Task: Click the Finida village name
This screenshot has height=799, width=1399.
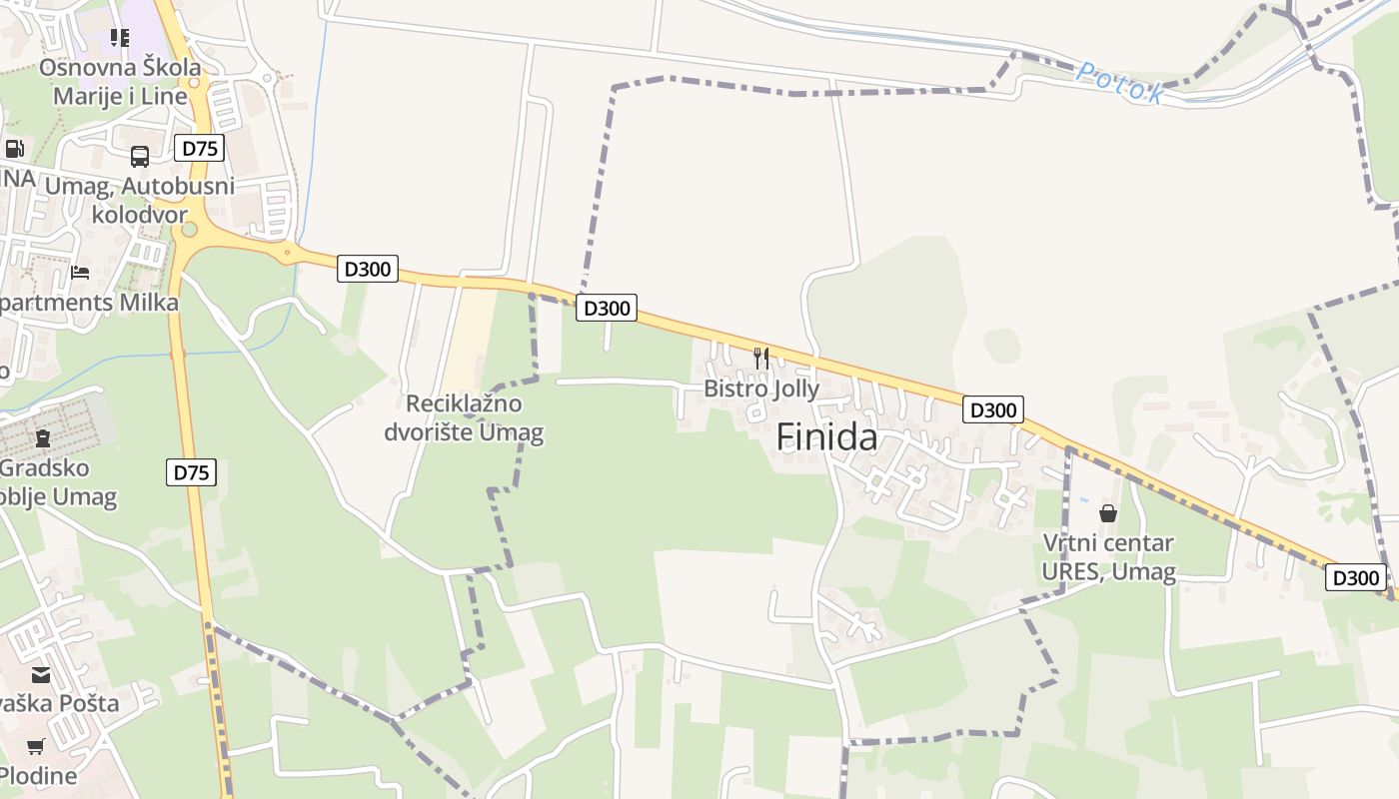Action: click(826, 437)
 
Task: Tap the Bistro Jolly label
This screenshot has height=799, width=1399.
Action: click(761, 389)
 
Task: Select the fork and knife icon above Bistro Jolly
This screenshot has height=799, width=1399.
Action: click(761, 358)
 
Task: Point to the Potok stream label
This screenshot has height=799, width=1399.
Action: click(1120, 83)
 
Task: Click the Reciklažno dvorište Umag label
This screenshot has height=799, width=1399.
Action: click(464, 418)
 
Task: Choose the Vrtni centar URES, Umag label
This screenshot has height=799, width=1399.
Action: click(1108, 557)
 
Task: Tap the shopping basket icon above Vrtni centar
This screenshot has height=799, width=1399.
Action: click(1108, 514)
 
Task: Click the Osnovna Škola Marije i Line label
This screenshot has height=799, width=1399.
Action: click(120, 82)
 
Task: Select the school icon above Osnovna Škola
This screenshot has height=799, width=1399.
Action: click(120, 38)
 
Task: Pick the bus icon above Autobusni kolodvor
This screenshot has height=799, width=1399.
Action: click(140, 157)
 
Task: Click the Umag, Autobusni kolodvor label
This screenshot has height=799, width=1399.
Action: click(140, 200)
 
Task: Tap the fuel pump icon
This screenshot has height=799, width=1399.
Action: click(14, 149)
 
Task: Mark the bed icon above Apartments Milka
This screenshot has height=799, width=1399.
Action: click(80, 273)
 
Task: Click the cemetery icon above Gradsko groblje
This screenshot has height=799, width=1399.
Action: click(43, 437)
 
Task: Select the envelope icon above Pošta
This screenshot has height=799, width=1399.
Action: click(41, 675)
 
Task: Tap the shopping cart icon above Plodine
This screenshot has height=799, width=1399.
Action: click(36, 746)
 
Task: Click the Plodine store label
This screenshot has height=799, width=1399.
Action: click(38, 776)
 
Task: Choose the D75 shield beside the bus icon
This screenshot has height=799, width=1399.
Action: click(199, 149)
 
